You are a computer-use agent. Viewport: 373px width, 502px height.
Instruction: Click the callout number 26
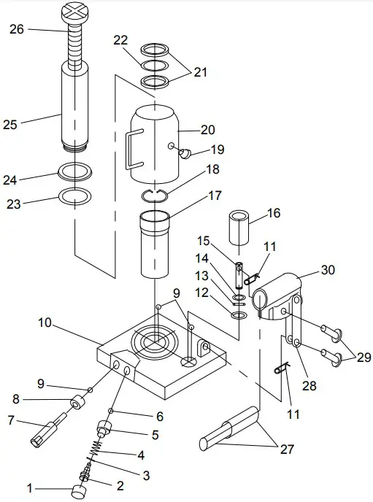pos(17,29)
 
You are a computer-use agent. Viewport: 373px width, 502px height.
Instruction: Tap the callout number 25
pos(9,124)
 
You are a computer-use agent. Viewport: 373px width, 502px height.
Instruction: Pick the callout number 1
pos(31,487)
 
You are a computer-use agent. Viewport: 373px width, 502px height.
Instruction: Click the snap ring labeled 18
pos(155,193)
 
